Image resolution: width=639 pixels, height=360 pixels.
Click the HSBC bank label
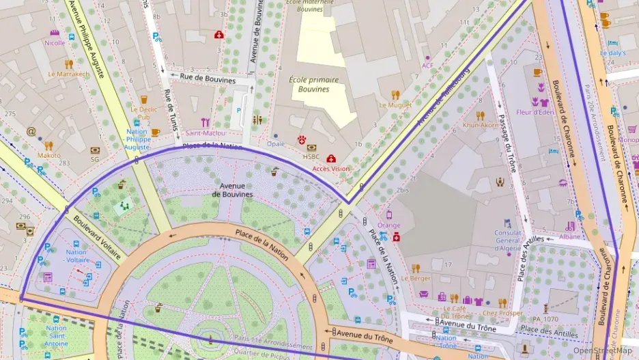click(311, 156)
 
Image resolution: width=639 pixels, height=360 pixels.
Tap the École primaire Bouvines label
click(313, 84)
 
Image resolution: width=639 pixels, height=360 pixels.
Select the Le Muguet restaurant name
click(395, 105)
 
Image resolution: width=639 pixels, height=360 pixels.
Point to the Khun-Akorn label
click(480, 126)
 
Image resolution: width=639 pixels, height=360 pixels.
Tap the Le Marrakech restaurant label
click(68, 74)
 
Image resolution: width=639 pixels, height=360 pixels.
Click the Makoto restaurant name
click(48, 155)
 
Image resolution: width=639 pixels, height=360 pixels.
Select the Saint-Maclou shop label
click(205, 133)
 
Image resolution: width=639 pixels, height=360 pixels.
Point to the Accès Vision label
click(330, 168)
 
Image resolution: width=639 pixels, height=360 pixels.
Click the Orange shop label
click(388, 225)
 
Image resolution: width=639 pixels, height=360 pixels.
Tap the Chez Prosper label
click(502, 313)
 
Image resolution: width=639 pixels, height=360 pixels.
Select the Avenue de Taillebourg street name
click(444, 96)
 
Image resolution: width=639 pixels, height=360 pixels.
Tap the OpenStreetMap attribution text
click(602, 350)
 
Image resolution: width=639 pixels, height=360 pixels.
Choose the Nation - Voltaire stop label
click(76, 256)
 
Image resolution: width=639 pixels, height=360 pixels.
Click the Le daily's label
click(612, 53)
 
